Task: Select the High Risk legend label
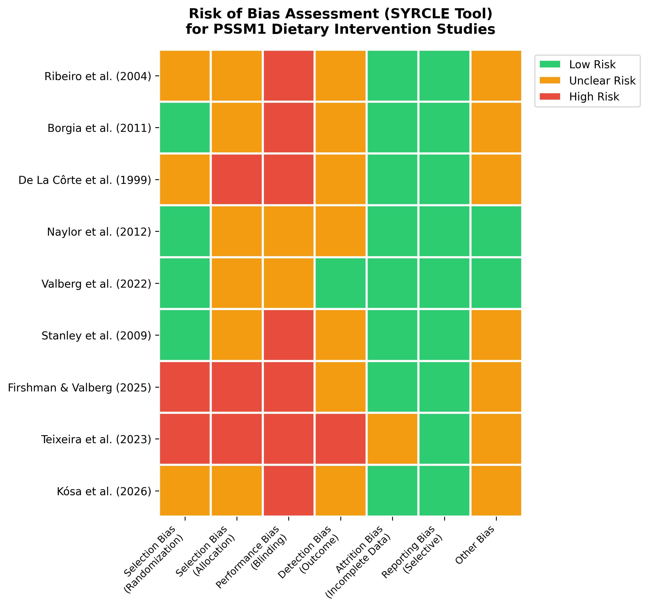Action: click(x=594, y=97)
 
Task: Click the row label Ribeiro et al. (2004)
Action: click(x=98, y=76)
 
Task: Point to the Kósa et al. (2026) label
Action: click(x=104, y=491)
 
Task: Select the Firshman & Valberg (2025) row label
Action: click(x=80, y=388)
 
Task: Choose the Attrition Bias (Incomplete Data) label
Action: click(x=359, y=559)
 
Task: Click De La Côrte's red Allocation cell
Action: click(x=237, y=179)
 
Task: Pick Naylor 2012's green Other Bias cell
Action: click(x=496, y=231)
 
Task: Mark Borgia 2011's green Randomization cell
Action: click(x=185, y=127)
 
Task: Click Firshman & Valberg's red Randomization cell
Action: click(x=185, y=387)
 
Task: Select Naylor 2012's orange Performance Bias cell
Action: click(x=289, y=231)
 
